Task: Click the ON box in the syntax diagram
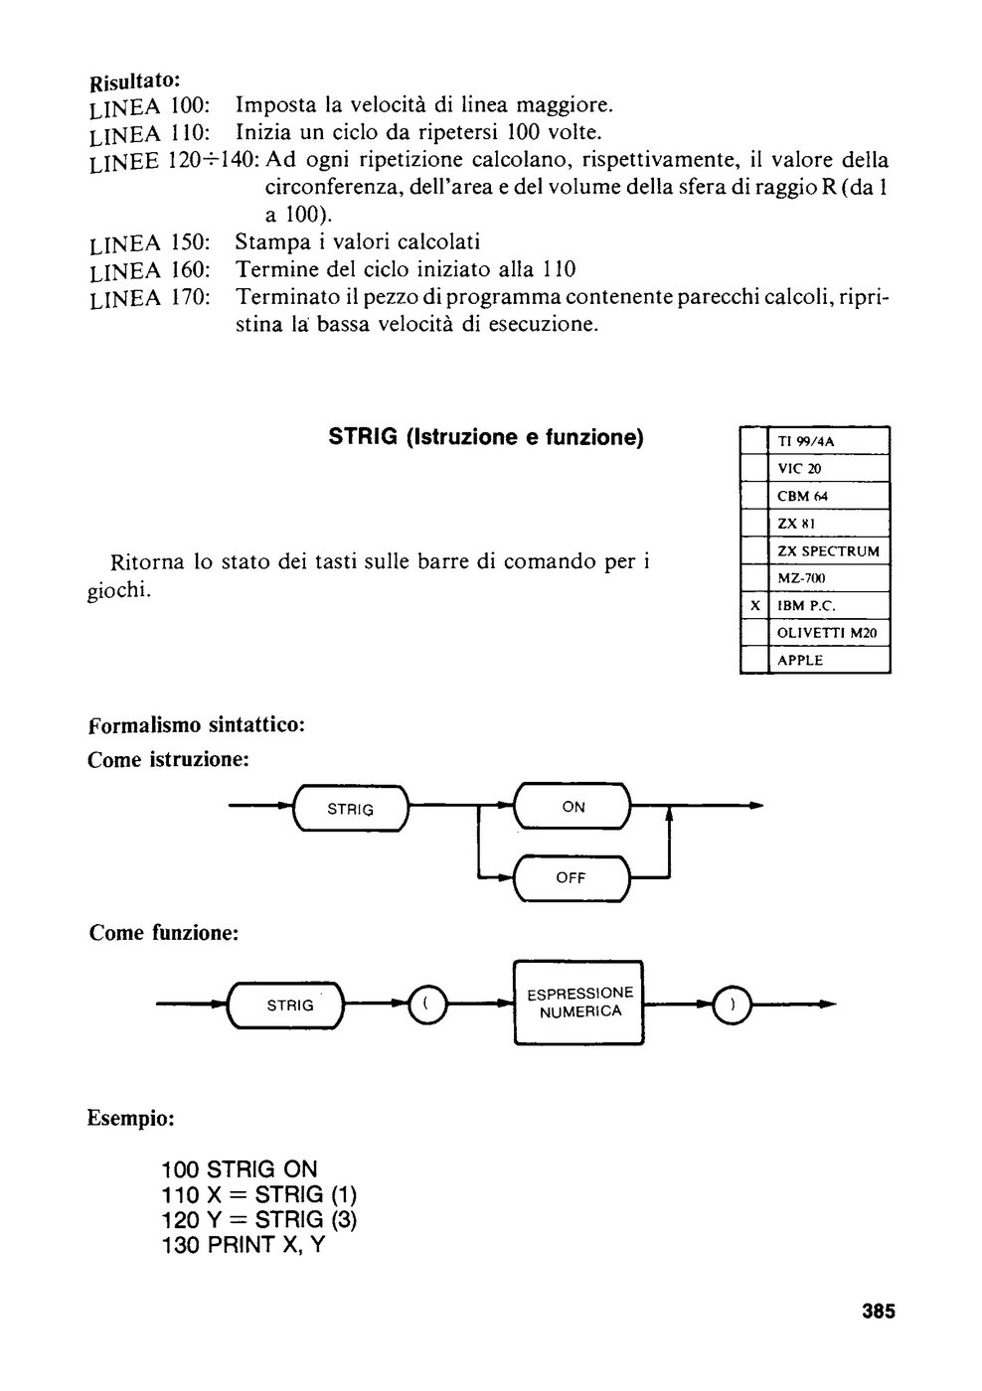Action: click(x=573, y=806)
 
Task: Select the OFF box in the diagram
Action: click(x=573, y=877)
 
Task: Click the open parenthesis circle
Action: click(x=427, y=1005)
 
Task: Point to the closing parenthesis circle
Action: click(x=733, y=1005)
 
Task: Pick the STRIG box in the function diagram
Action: click(x=286, y=1005)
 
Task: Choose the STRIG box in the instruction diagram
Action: click(x=351, y=809)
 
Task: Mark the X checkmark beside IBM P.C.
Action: click(x=754, y=605)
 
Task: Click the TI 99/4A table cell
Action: click(x=829, y=441)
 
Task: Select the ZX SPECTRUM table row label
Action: click(x=829, y=550)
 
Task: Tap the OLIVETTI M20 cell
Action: click(x=829, y=633)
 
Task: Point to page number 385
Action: click(x=879, y=1311)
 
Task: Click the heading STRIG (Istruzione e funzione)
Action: click(x=486, y=437)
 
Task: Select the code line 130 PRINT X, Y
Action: click(x=243, y=1262)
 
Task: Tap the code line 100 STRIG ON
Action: click(x=240, y=1186)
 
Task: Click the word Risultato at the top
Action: click(x=134, y=80)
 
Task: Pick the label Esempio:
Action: click(x=130, y=1119)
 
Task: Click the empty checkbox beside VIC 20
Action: click(x=754, y=468)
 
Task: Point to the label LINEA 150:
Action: click(x=150, y=244)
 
